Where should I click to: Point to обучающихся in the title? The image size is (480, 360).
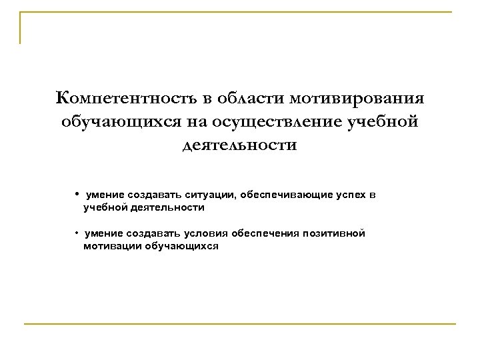click(x=118, y=122)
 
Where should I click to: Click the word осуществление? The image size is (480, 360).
click(x=266, y=122)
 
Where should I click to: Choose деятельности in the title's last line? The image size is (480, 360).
click(x=240, y=145)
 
